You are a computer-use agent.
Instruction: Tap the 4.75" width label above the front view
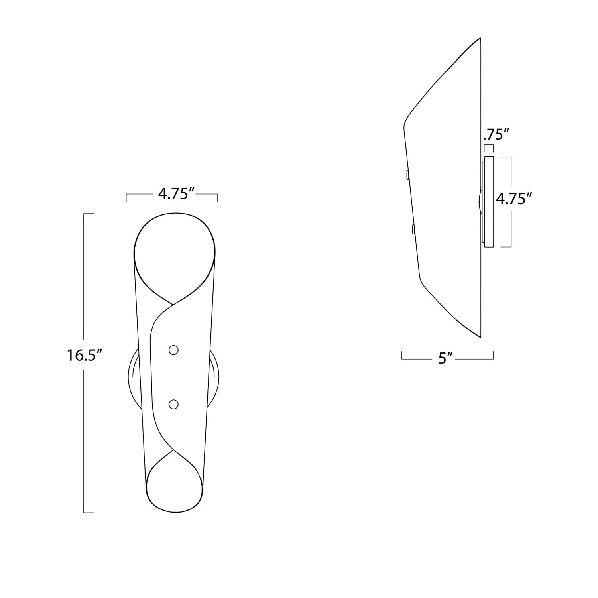pyautogui.click(x=176, y=194)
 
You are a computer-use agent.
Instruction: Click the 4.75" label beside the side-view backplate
pyautogui.click(x=514, y=198)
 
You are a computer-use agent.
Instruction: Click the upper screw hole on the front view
pyautogui.click(x=173, y=350)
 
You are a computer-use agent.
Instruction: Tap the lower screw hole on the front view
pyautogui.click(x=173, y=405)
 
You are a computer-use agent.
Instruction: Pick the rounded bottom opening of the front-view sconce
pyautogui.click(x=174, y=488)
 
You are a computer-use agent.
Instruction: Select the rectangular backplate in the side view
pyautogui.click(x=488, y=202)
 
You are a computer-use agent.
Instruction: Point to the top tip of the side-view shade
pyautogui.click(x=480, y=39)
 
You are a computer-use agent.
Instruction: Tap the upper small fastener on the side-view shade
pyautogui.click(x=407, y=175)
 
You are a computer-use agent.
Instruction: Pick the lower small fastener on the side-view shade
pyautogui.click(x=413, y=230)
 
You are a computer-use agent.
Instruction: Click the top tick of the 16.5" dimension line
pyautogui.click(x=89, y=214)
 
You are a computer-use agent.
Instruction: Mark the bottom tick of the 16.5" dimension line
pyautogui.click(x=89, y=512)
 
